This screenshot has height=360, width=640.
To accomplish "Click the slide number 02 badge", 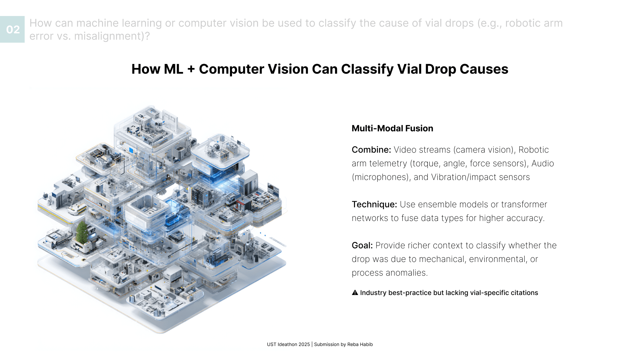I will click(x=13, y=29).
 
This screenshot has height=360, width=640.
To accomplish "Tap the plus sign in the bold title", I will click(x=191, y=69).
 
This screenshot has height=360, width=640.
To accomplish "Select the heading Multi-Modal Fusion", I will click(x=392, y=128).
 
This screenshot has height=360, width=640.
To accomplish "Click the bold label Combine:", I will click(x=371, y=150).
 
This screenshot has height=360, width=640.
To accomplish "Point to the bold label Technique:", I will click(x=374, y=204).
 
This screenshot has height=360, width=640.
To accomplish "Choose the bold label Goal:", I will click(x=362, y=245).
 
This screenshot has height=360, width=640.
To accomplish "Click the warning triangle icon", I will click(x=355, y=293).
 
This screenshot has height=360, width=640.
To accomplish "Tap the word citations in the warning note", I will click(x=523, y=293).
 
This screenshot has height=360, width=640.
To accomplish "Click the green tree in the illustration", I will click(x=82, y=232).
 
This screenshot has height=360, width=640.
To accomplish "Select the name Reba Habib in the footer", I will click(x=360, y=344).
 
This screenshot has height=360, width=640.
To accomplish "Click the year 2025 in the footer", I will click(x=304, y=344).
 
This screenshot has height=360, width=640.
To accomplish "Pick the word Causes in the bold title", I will click(x=484, y=69).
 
